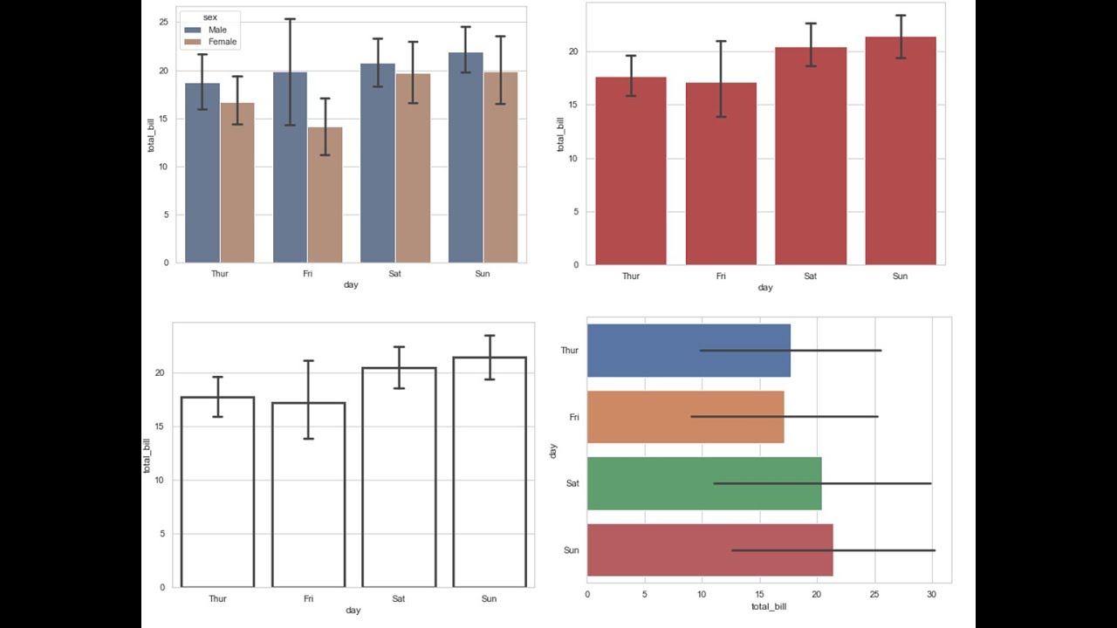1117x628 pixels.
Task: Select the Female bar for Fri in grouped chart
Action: coord(325,195)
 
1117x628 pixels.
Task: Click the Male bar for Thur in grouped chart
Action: coord(202,174)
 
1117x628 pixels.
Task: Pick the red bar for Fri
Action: coord(721,179)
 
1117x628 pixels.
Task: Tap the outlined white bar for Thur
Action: coord(218,497)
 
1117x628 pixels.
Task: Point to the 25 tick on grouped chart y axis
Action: coord(163,22)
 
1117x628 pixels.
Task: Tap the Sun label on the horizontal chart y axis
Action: coord(571,550)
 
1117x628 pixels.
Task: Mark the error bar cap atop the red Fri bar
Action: coord(721,41)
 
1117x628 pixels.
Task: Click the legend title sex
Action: coord(209,17)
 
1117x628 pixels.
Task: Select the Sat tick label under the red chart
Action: coord(810,276)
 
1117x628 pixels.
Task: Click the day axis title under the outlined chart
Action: coord(353,611)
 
